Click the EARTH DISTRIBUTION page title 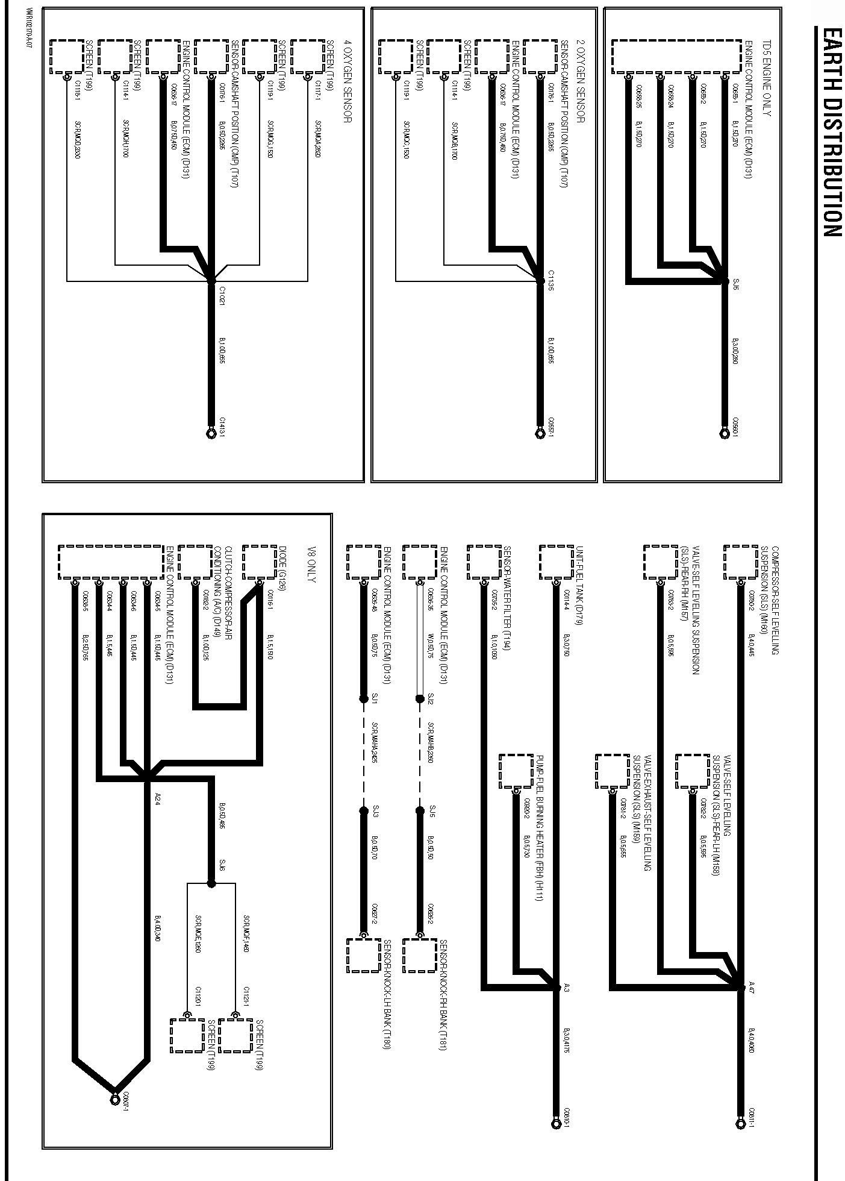(832, 132)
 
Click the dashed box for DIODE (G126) (258, 562)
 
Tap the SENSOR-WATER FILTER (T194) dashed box (484, 562)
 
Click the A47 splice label (750, 987)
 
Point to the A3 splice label (566, 987)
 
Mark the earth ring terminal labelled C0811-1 (740, 1123)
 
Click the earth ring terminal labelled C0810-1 (555, 1123)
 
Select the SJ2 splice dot (420, 699)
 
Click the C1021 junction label (221, 295)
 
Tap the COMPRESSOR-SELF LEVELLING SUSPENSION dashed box (740, 562)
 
